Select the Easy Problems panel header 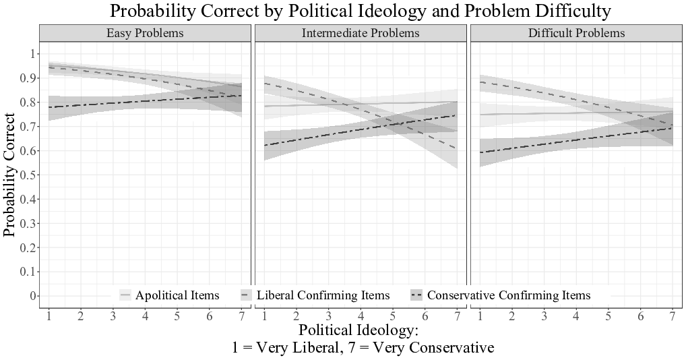point(145,32)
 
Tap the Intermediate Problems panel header point(361,32)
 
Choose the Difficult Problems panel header point(576,32)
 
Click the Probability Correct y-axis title point(9,175)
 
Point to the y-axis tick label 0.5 point(30,175)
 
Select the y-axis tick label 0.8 point(30,102)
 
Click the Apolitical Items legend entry point(177,295)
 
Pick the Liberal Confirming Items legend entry point(323,295)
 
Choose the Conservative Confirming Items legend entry point(508,295)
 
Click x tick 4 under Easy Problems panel point(145,316)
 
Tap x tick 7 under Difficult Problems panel point(673,316)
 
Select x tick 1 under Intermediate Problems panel point(264,316)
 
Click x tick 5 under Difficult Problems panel point(609,316)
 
